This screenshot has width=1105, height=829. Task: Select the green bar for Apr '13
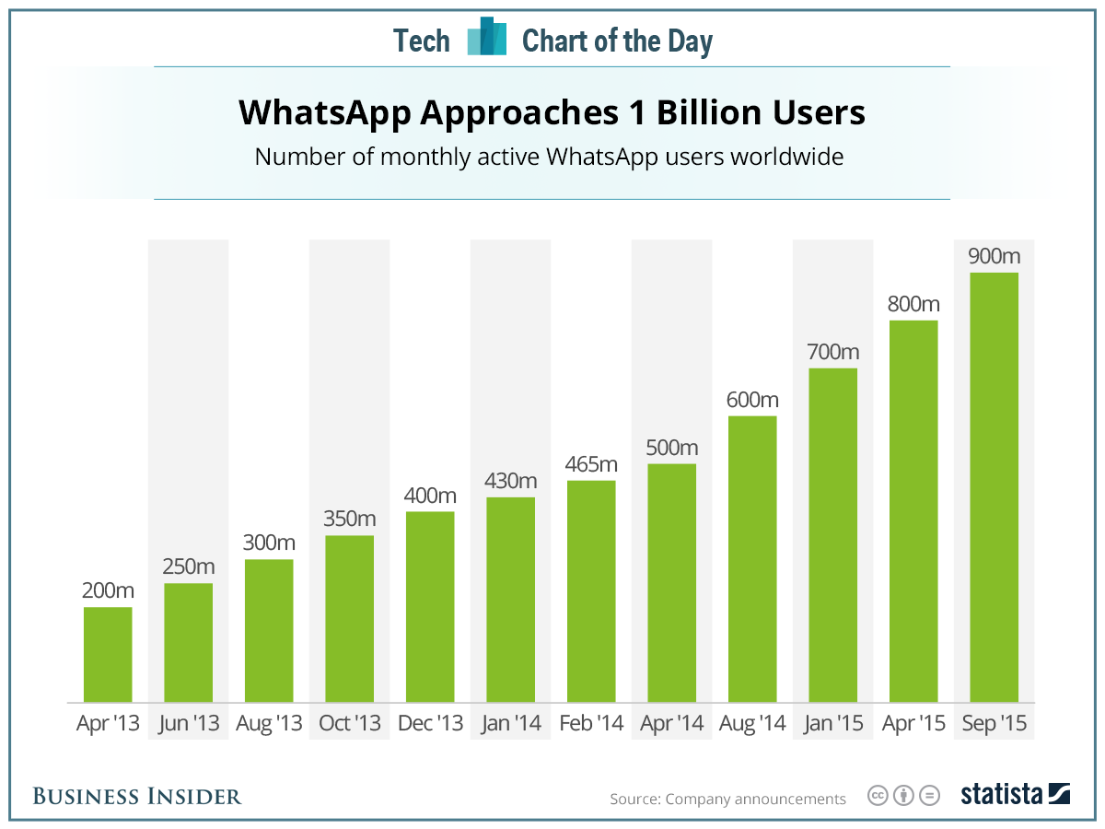click(108, 654)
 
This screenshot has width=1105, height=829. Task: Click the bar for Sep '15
click(994, 487)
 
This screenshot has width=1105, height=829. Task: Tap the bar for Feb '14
click(591, 590)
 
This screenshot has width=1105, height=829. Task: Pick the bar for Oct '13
click(349, 618)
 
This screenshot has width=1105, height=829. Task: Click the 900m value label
click(994, 255)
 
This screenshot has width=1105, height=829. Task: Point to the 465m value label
click(591, 463)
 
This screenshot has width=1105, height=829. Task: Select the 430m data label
click(510, 480)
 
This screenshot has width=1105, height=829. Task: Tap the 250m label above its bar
click(188, 566)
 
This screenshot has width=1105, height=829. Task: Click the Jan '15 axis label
click(832, 724)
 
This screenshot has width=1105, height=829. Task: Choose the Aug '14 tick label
click(752, 724)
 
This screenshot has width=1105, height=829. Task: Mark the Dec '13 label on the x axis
click(430, 724)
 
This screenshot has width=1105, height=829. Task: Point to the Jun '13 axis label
click(188, 724)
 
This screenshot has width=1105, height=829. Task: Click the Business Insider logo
click(137, 796)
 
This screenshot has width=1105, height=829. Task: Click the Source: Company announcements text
click(727, 799)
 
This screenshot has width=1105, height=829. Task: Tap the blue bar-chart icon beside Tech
click(487, 38)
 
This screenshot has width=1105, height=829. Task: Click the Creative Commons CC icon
click(878, 796)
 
